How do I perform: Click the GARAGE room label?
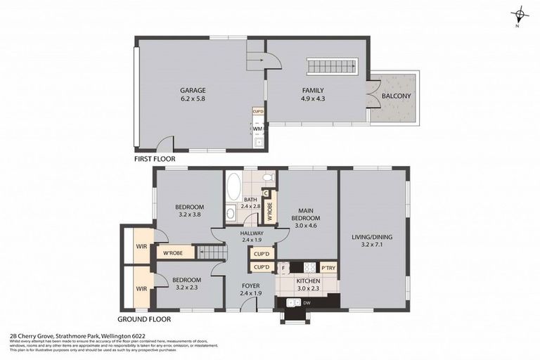click(x=192, y=91)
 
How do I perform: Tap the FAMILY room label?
click(x=313, y=91)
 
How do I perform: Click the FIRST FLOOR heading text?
click(x=154, y=160)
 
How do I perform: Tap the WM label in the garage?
click(x=257, y=129)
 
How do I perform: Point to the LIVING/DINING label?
click(x=373, y=237)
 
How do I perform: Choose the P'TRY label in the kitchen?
click(x=328, y=267)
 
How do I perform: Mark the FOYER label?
click(x=251, y=285)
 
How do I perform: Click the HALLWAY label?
click(x=251, y=233)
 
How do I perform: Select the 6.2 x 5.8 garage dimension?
click(x=192, y=99)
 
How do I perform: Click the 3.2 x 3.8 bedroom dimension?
click(x=189, y=214)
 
